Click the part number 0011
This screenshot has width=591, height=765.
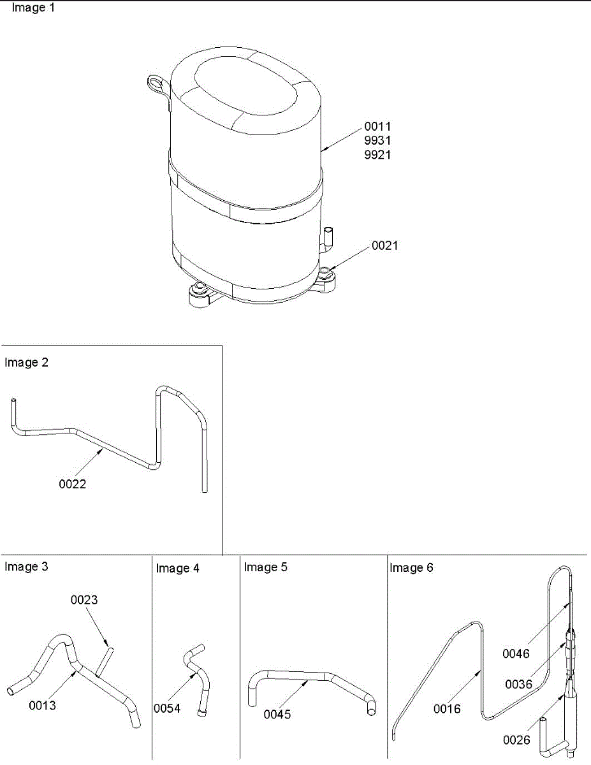click(x=377, y=126)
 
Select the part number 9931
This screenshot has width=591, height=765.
click(x=377, y=140)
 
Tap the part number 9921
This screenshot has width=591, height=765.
click(x=377, y=154)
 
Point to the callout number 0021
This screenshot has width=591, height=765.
click(x=384, y=245)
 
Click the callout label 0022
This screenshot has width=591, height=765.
click(x=73, y=484)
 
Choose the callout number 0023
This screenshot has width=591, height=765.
click(x=84, y=600)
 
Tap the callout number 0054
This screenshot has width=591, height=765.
click(x=167, y=708)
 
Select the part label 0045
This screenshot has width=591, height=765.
click(x=277, y=714)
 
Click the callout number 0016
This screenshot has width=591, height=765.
click(x=448, y=708)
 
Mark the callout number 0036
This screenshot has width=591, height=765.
click(x=518, y=684)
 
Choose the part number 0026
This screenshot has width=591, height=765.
click(x=516, y=740)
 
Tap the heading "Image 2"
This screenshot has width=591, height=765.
click(x=26, y=363)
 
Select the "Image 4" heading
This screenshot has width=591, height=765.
click(x=177, y=568)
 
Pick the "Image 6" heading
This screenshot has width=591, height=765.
click(x=411, y=567)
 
